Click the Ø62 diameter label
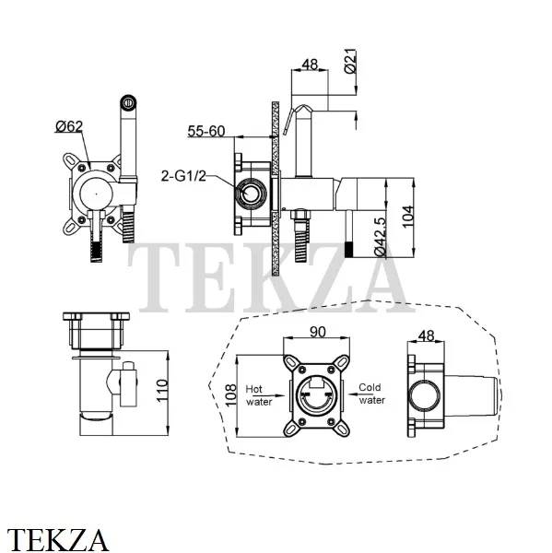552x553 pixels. pos(69,126)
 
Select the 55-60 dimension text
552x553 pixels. pos(206,131)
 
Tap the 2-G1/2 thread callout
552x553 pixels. pos(183,176)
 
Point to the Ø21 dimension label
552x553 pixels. pos(351,61)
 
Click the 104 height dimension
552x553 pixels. pos(407,217)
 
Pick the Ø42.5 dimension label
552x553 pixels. pos(381,237)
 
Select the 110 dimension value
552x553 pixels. pos(162,390)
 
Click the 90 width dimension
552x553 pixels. pos(318,332)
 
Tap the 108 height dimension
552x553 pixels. pos(230,395)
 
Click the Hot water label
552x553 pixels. pos(259,395)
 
